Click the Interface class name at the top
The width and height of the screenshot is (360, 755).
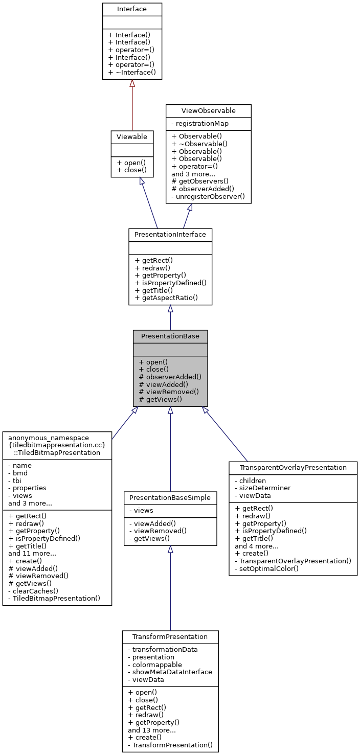coord(132,9)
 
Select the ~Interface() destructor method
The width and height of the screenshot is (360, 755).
coord(132,73)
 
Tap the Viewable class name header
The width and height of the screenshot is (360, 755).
coord(132,136)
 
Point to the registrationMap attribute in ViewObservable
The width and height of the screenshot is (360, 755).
coord(199,123)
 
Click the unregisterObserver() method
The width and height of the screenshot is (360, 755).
coord(208,196)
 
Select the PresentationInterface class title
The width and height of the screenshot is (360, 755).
coord(170,235)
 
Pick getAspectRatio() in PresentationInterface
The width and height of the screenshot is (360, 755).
coord(166,298)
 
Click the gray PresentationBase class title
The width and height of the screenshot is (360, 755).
coord(170,336)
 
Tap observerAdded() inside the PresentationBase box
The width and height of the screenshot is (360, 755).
coord(170,377)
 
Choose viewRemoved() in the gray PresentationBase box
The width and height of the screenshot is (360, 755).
coord(169,392)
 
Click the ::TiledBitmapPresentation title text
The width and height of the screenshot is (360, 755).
coord(57,452)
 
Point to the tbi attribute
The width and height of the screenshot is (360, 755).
coord(17,481)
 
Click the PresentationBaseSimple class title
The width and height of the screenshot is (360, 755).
coord(170,497)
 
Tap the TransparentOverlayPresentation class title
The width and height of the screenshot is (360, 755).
coord(292,468)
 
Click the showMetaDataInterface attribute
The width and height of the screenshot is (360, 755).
coord(170,672)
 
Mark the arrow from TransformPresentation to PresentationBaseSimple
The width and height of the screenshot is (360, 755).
coord(170,588)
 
